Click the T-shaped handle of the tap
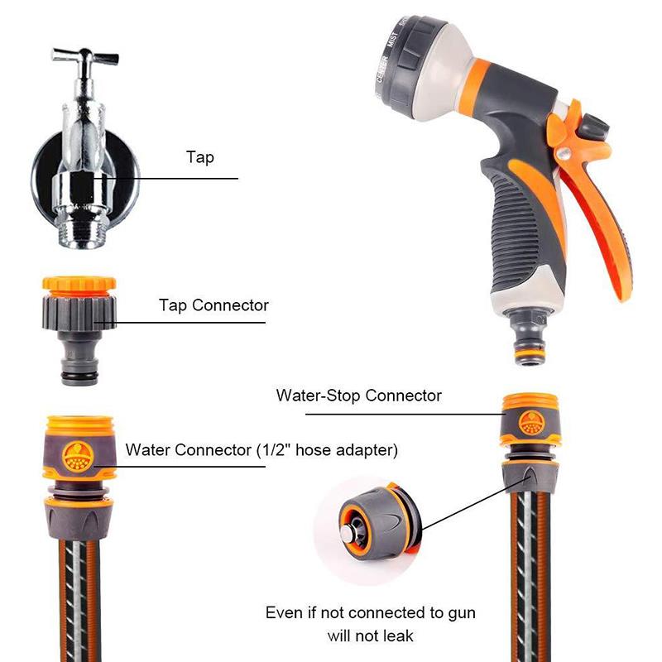tap(85, 56)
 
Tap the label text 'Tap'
tap(200, 157)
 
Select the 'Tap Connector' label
tap(213, 305)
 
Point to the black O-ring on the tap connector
tap(79, 376)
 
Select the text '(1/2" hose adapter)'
tap(328, 450)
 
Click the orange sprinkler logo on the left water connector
tap(78, 456)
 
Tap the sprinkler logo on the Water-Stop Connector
tap(531, 422)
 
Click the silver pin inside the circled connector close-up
tap(348, 535)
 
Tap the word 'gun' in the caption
tap(462, 613)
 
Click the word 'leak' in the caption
tap(398, 635)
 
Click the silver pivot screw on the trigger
tap(564, 152)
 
